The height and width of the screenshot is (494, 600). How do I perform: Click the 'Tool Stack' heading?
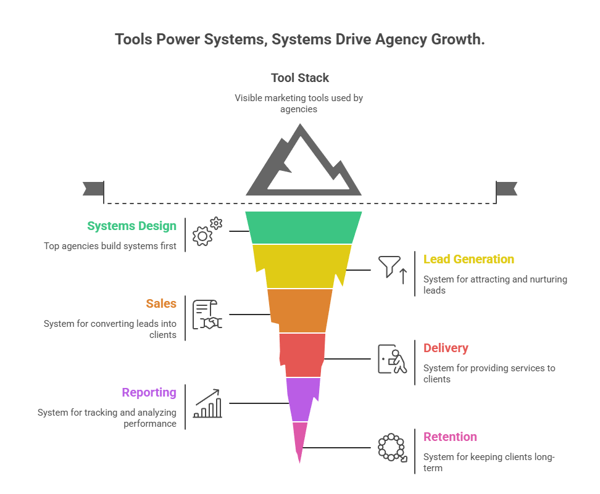pyautogui.click(x=300, y=78)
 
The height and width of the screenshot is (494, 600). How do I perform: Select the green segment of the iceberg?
pyautogui.click(x=303, y=227)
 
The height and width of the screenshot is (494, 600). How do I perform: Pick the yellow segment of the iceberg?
pyautogui.click(x=302, y=266)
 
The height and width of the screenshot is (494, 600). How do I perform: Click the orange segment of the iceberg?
pyautogui.click(x=300, y=310)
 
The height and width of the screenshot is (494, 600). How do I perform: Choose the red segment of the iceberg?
pyautogui.click(x=302, y=355)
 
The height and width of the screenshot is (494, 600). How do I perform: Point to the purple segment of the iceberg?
pyautogui.click(x=302, y=398)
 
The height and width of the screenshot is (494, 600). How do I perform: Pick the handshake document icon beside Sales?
pyautogui.click(x=207, y=315)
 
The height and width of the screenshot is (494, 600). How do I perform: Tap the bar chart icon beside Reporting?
pyautogui.click(x=207, y=403)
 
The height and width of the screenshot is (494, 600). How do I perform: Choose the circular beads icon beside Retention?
pyautogui.click(x=392, y=447)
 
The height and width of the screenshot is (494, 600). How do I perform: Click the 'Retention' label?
pyautogui.click(x=450, y=437)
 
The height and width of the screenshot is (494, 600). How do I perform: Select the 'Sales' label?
pyautogui.click(x=161, y=303)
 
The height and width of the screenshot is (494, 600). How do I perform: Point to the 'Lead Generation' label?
pyautogui.click(x=469, y=260)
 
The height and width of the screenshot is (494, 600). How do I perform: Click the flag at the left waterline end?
pyautogui.click(x=93, y=189)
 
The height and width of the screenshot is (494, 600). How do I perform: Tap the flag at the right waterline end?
pyautogui.click(x=507, y=189)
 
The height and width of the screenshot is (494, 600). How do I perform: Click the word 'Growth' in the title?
pyautogui.click(x=455, y=39)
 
